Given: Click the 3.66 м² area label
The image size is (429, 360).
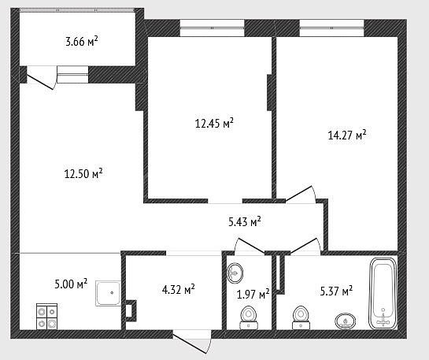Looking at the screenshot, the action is [x=82, y=41].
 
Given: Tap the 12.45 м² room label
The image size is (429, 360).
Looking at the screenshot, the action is [x=214, y=123].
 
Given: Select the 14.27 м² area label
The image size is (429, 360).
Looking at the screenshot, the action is [x=347, y=135].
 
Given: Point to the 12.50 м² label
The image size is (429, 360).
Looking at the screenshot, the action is [x=83, y=173].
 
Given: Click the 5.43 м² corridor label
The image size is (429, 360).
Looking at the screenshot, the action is [x=245, y=221].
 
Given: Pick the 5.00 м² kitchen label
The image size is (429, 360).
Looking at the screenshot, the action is [x=71, y=284].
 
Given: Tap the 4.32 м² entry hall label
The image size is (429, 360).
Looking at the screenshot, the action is [x=179, y=289].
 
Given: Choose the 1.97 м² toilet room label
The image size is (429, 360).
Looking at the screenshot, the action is [x=253, y=295].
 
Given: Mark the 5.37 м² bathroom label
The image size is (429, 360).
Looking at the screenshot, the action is [x=336, y=291].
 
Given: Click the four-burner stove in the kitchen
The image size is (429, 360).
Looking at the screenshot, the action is [x=46, y=316].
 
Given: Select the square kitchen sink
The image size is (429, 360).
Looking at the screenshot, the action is [x=108, y=293].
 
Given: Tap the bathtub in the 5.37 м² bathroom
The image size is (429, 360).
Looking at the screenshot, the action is [x=383, y=294].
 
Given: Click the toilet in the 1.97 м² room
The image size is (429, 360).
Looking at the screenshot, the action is [x=249, y=317].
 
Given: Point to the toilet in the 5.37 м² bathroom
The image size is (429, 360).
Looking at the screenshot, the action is [x=301, y=317].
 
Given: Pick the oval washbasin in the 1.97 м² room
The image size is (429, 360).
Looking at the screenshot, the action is [x=235, y=273].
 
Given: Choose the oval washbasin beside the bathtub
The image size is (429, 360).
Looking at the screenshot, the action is [x=346, y=321].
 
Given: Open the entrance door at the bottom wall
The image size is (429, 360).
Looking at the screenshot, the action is [x=191, y=342].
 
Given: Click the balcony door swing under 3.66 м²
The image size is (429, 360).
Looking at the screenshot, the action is [x=41, y=78].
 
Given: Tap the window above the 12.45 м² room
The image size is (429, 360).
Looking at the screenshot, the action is [x=212, y=28].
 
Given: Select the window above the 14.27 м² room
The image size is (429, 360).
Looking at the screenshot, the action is [x=331, y=28].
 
